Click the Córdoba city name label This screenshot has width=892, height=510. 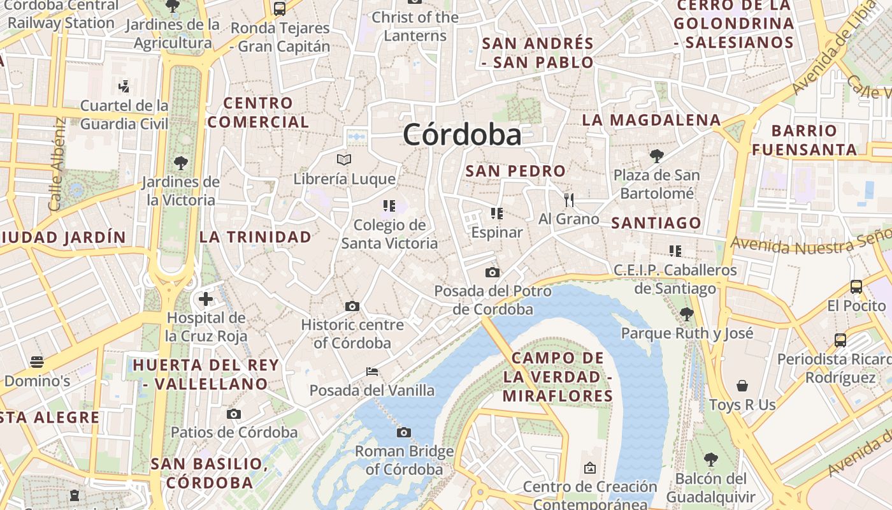(x=462, y=135)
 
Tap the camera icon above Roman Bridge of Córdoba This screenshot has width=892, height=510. (x=403, y=433)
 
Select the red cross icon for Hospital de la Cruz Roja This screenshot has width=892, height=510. (x=206, y=298)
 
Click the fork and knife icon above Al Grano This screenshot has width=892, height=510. (x=569, y=200)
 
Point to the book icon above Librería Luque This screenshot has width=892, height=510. (x=344, y=159)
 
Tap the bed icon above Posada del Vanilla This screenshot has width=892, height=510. (x=372, y=371)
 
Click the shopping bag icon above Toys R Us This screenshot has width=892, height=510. (x=742, y=386)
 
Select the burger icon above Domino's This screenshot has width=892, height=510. (x=37, y=362)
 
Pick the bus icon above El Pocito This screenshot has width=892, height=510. (x=856, y=287)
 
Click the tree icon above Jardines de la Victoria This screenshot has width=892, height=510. (x=181, y=163)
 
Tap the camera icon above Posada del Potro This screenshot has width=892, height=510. (x=492, y=273)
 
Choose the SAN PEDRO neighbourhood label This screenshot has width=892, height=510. (x=515, y=171)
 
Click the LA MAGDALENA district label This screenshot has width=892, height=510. (x=651, y=120)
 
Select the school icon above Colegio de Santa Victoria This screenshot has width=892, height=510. (x=389, y=206)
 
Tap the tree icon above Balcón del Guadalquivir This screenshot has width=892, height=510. (x=711, y=459)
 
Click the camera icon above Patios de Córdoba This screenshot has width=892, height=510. (x=234, y=414)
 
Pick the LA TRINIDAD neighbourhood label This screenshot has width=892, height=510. (x=255, y=237)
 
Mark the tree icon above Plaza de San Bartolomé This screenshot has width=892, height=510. (x=656, y=156)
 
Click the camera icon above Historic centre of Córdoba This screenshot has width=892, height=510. (x=352, y=307)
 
